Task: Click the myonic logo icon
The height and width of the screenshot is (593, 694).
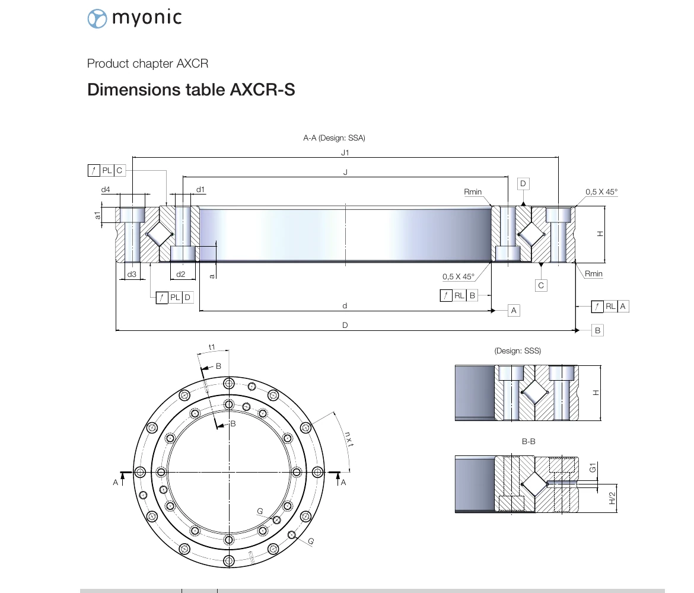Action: click(x=97, y=18)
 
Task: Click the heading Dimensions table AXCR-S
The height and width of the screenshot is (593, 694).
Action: click(x=191, y=90)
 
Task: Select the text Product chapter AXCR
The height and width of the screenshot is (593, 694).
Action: click(x=148, y=63)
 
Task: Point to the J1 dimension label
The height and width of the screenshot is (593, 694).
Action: click(x=345, y=152)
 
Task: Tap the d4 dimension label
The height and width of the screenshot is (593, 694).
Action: click(x=106, y=190)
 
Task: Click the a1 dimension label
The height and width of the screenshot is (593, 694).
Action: click(x=98, y=215)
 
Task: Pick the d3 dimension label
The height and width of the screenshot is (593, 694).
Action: click(x=132, y=274)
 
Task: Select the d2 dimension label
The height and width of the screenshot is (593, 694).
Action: click(x=181, y=274)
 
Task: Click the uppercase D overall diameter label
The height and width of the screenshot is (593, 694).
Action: click(x=345, y=325)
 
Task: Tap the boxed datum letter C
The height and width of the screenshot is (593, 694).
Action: click(x=541, y=285)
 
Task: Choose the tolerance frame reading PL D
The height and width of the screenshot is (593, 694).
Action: click(x=175, y=297)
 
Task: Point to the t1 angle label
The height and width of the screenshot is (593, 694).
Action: click(x=211, y=347)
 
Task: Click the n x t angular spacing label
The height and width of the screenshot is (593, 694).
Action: click(x=349, y=438)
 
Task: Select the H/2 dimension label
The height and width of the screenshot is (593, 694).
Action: click(x=612, y=498)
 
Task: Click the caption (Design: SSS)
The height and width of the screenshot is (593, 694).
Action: click(x=517, y=351)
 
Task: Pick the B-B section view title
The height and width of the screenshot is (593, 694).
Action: click(x=529, y=442)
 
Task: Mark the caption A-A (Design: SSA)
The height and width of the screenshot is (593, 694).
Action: click(x=334, y=138)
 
